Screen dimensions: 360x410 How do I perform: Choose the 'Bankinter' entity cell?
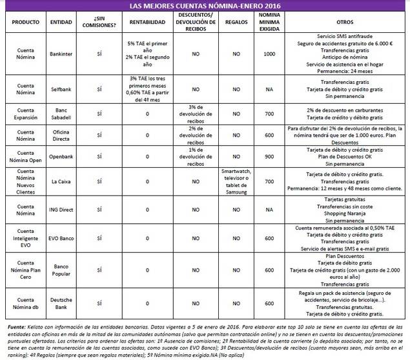60,54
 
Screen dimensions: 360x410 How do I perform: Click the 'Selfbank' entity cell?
60,88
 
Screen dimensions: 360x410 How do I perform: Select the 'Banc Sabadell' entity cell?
60,114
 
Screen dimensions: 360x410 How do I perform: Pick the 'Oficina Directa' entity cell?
60,135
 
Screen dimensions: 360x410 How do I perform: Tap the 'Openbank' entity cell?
60,155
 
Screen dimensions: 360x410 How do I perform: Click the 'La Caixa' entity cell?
60,182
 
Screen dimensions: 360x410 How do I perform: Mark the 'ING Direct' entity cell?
60,210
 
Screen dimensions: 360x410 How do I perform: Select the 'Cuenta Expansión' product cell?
22,114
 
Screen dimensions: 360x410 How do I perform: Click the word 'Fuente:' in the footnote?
16,328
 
